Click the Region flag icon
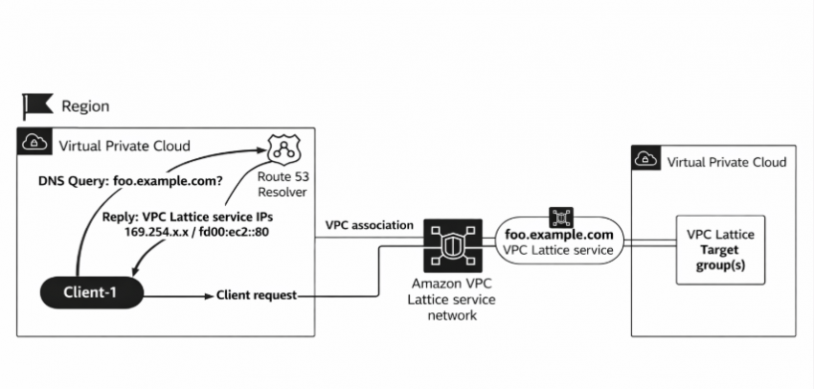(37, 106)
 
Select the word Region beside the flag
(85, 106)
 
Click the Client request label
(258, 295)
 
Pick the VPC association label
(370, 225)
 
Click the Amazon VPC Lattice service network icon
(447, 245)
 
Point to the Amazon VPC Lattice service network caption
(447, 300)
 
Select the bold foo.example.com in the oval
(560, 235)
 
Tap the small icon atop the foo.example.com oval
(558, 213)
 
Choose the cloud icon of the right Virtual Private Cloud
(645, 161)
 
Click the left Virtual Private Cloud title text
(124, 146)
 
